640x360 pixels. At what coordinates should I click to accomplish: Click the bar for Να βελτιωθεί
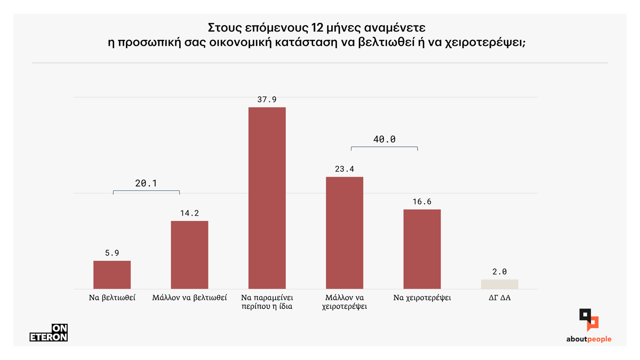tap(112, 275)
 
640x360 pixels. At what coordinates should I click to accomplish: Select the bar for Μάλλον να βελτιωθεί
tap(189, 255)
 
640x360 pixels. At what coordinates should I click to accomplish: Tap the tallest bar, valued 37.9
tap(267, 198)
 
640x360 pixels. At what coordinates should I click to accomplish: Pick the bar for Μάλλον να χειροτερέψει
tap(345, 233)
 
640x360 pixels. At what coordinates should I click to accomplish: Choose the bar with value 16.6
tap(422, 249)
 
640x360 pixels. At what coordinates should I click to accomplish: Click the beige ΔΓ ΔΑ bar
tap(499, 284)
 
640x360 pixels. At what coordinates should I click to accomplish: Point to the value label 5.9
tap(112, 253)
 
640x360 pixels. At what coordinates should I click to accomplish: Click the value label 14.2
tap(189, 213)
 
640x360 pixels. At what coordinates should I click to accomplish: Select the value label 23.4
tap(345, 169)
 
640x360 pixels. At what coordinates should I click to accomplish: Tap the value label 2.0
tap(499, 272)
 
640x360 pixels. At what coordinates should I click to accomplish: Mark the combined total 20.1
tap(146, 183)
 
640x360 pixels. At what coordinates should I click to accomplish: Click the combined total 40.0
tap(384, 139)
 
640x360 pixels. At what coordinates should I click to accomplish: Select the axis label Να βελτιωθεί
tap(112, 298)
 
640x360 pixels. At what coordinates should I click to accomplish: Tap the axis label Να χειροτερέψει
tap(422, 298)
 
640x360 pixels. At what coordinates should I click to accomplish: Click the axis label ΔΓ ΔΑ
tap(500, 298)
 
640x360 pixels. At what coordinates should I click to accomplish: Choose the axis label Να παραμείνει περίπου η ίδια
tap(267, 302)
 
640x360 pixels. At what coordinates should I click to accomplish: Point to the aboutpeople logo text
tap(589, 339)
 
